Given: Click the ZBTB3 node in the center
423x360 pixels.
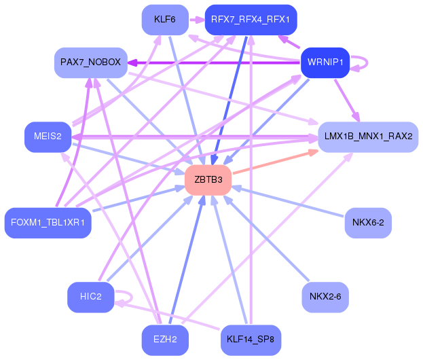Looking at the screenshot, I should [x=208, y=180].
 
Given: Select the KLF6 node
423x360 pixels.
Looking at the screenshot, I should [x=165, y=19].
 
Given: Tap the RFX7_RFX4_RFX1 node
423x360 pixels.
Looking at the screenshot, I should [x=251, y=19].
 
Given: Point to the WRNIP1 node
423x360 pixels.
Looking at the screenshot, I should [x=324, y=63].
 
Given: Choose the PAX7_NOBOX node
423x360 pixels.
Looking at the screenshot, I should [x=91, y=62].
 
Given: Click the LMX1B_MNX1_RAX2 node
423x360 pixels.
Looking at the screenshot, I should [x=367, y=136].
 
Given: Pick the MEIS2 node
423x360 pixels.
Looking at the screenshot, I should [x=48, y=137].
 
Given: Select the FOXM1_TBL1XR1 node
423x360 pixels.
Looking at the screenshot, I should [x=48, y=222].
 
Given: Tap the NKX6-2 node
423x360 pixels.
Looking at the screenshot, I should [x=368, y=222].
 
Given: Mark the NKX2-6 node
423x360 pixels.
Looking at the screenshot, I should [x=325, y=296].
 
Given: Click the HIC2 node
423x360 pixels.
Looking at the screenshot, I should [x=90, y=296].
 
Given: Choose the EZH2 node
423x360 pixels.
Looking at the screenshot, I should [x=165, y=340].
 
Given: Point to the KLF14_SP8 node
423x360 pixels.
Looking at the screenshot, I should [x=251, y=340].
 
